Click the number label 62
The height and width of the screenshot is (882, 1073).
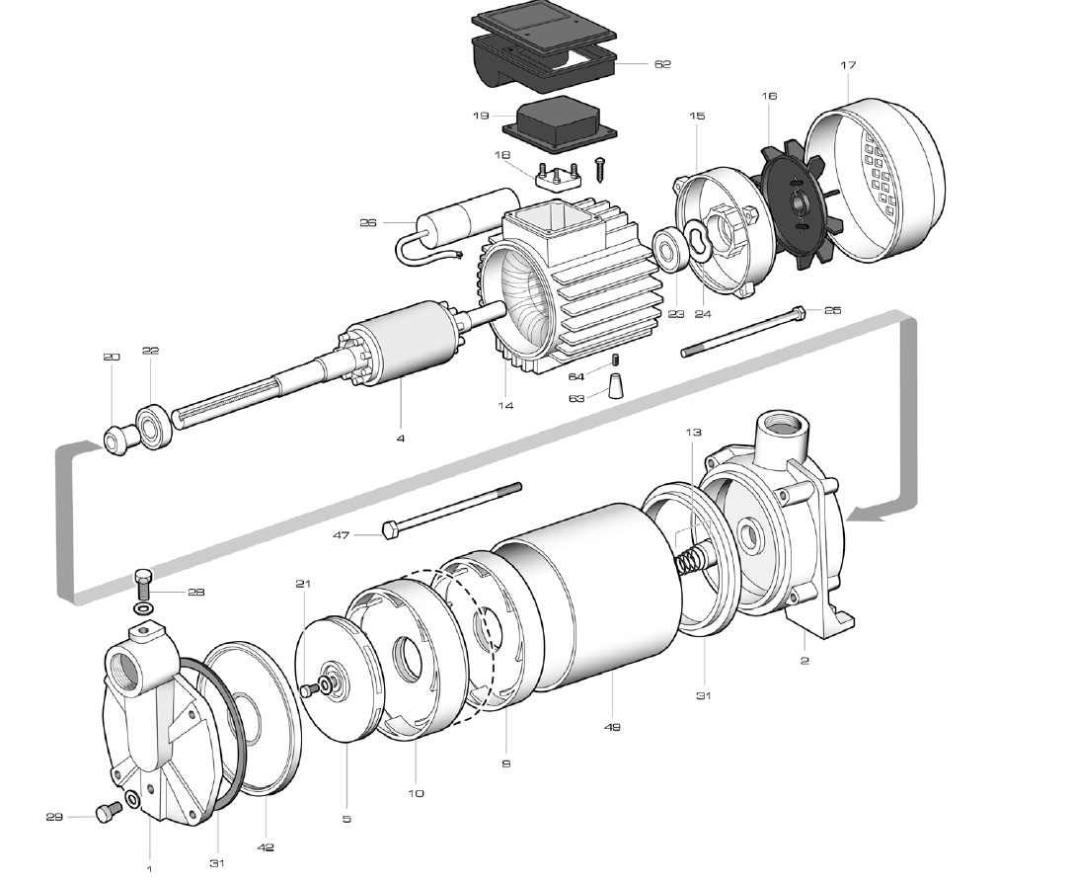[662, 63]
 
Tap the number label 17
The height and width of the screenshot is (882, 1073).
[848, 65]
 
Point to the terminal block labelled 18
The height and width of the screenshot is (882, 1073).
[559, 176]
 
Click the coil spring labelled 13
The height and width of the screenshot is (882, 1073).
[692, 560]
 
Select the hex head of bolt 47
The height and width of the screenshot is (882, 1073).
[389, 530]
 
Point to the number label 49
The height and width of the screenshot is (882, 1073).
[612, 727]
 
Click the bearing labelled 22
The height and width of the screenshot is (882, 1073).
[154, 428]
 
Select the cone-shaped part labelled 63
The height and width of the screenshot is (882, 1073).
[618, 386]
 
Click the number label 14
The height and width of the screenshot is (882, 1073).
[505, 405]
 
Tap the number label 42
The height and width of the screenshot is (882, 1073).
[266, 847]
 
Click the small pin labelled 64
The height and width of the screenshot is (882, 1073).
[614, 361]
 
